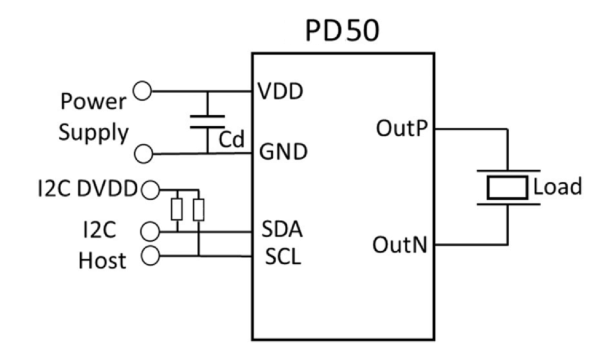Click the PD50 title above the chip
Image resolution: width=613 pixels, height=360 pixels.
342,32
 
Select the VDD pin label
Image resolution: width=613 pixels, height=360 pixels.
280,92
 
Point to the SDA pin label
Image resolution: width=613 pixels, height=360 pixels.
282,231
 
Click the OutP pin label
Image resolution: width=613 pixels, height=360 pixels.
403,129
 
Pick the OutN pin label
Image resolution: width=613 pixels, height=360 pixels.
402,246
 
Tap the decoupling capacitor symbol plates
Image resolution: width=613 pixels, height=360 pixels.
207,122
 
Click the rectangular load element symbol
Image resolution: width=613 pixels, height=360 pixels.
506,187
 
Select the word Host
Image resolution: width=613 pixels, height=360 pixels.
102,260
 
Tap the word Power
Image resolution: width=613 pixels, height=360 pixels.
94,102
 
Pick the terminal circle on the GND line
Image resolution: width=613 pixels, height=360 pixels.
144,154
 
